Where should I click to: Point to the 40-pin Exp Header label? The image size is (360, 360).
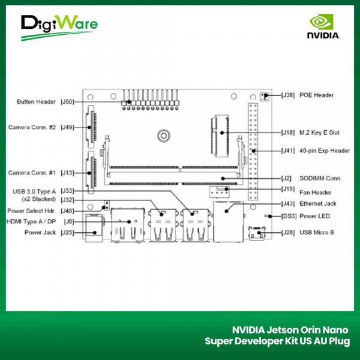click(324, 151)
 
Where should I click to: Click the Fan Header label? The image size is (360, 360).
click(316, 192)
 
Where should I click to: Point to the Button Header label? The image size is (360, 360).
click(37, 102)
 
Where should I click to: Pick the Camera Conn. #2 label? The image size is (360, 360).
click(32, 127)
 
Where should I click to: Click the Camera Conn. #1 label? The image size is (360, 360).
click(32, 173)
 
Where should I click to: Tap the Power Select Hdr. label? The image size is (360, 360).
click(32, 211)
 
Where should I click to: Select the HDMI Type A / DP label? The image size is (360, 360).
click(32, 221)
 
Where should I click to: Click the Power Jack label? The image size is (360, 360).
click(40, 232)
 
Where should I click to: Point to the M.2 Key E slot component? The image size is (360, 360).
click(219, 131)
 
